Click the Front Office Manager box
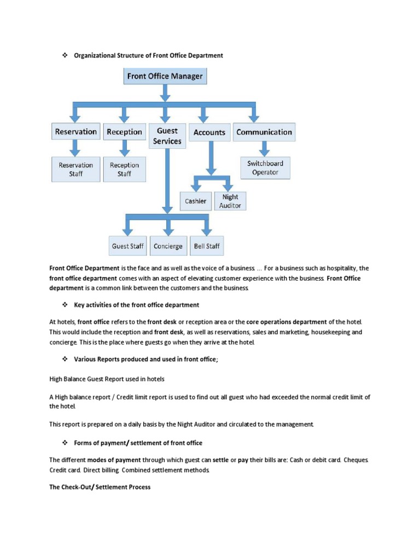165,76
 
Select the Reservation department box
75,132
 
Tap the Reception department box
124,132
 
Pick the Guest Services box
167,136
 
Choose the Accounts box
209,132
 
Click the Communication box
264,132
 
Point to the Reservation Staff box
76,169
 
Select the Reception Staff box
124,169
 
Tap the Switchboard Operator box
265,168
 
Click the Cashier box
195,201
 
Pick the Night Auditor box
230,201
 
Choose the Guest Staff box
127,246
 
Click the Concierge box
168,246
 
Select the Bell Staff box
207,246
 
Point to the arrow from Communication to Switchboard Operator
265,148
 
